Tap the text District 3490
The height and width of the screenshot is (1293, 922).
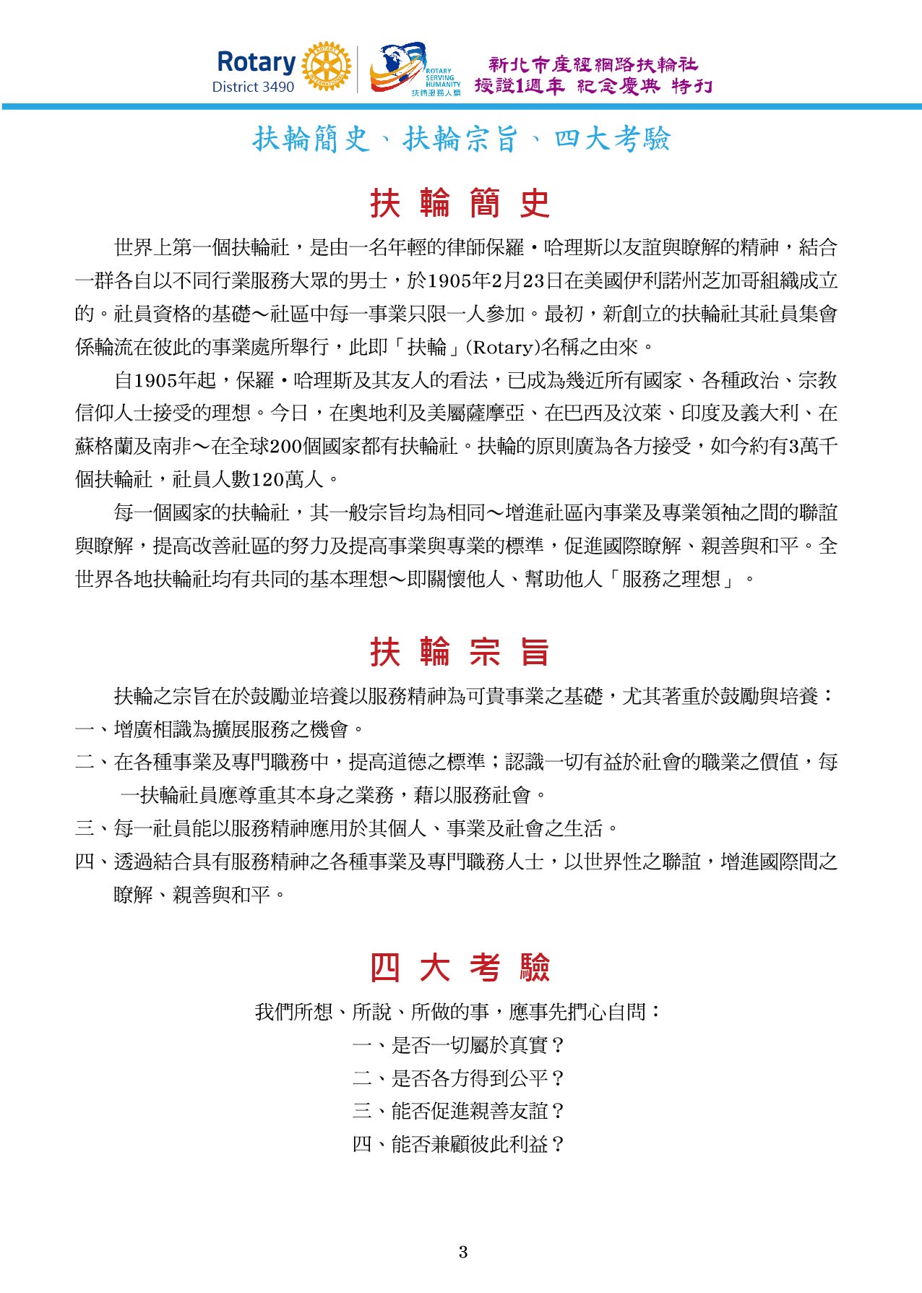point(253,87)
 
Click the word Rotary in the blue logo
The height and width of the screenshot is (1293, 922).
point(256,62)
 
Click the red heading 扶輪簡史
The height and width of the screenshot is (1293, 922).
point(460,203)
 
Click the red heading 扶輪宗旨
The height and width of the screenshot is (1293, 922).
point(460,652)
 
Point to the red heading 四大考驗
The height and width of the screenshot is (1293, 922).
point(460,967)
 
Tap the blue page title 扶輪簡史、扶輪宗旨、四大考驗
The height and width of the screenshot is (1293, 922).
point(461,139)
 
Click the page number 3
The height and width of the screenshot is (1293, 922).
point(462,1253)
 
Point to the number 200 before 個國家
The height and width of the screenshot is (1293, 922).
point(285,447)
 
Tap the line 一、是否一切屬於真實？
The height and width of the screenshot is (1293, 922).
point(460,1045)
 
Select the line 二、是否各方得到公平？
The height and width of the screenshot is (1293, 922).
point(460,1078)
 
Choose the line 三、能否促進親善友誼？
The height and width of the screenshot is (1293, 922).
point(460,1111)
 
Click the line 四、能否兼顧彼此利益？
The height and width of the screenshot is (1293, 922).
point(460,1144)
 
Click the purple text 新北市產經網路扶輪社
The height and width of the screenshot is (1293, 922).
point(593,65)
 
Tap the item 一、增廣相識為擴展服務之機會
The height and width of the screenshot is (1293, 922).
point(220,729)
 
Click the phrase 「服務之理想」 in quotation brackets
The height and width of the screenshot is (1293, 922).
point(673,579)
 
